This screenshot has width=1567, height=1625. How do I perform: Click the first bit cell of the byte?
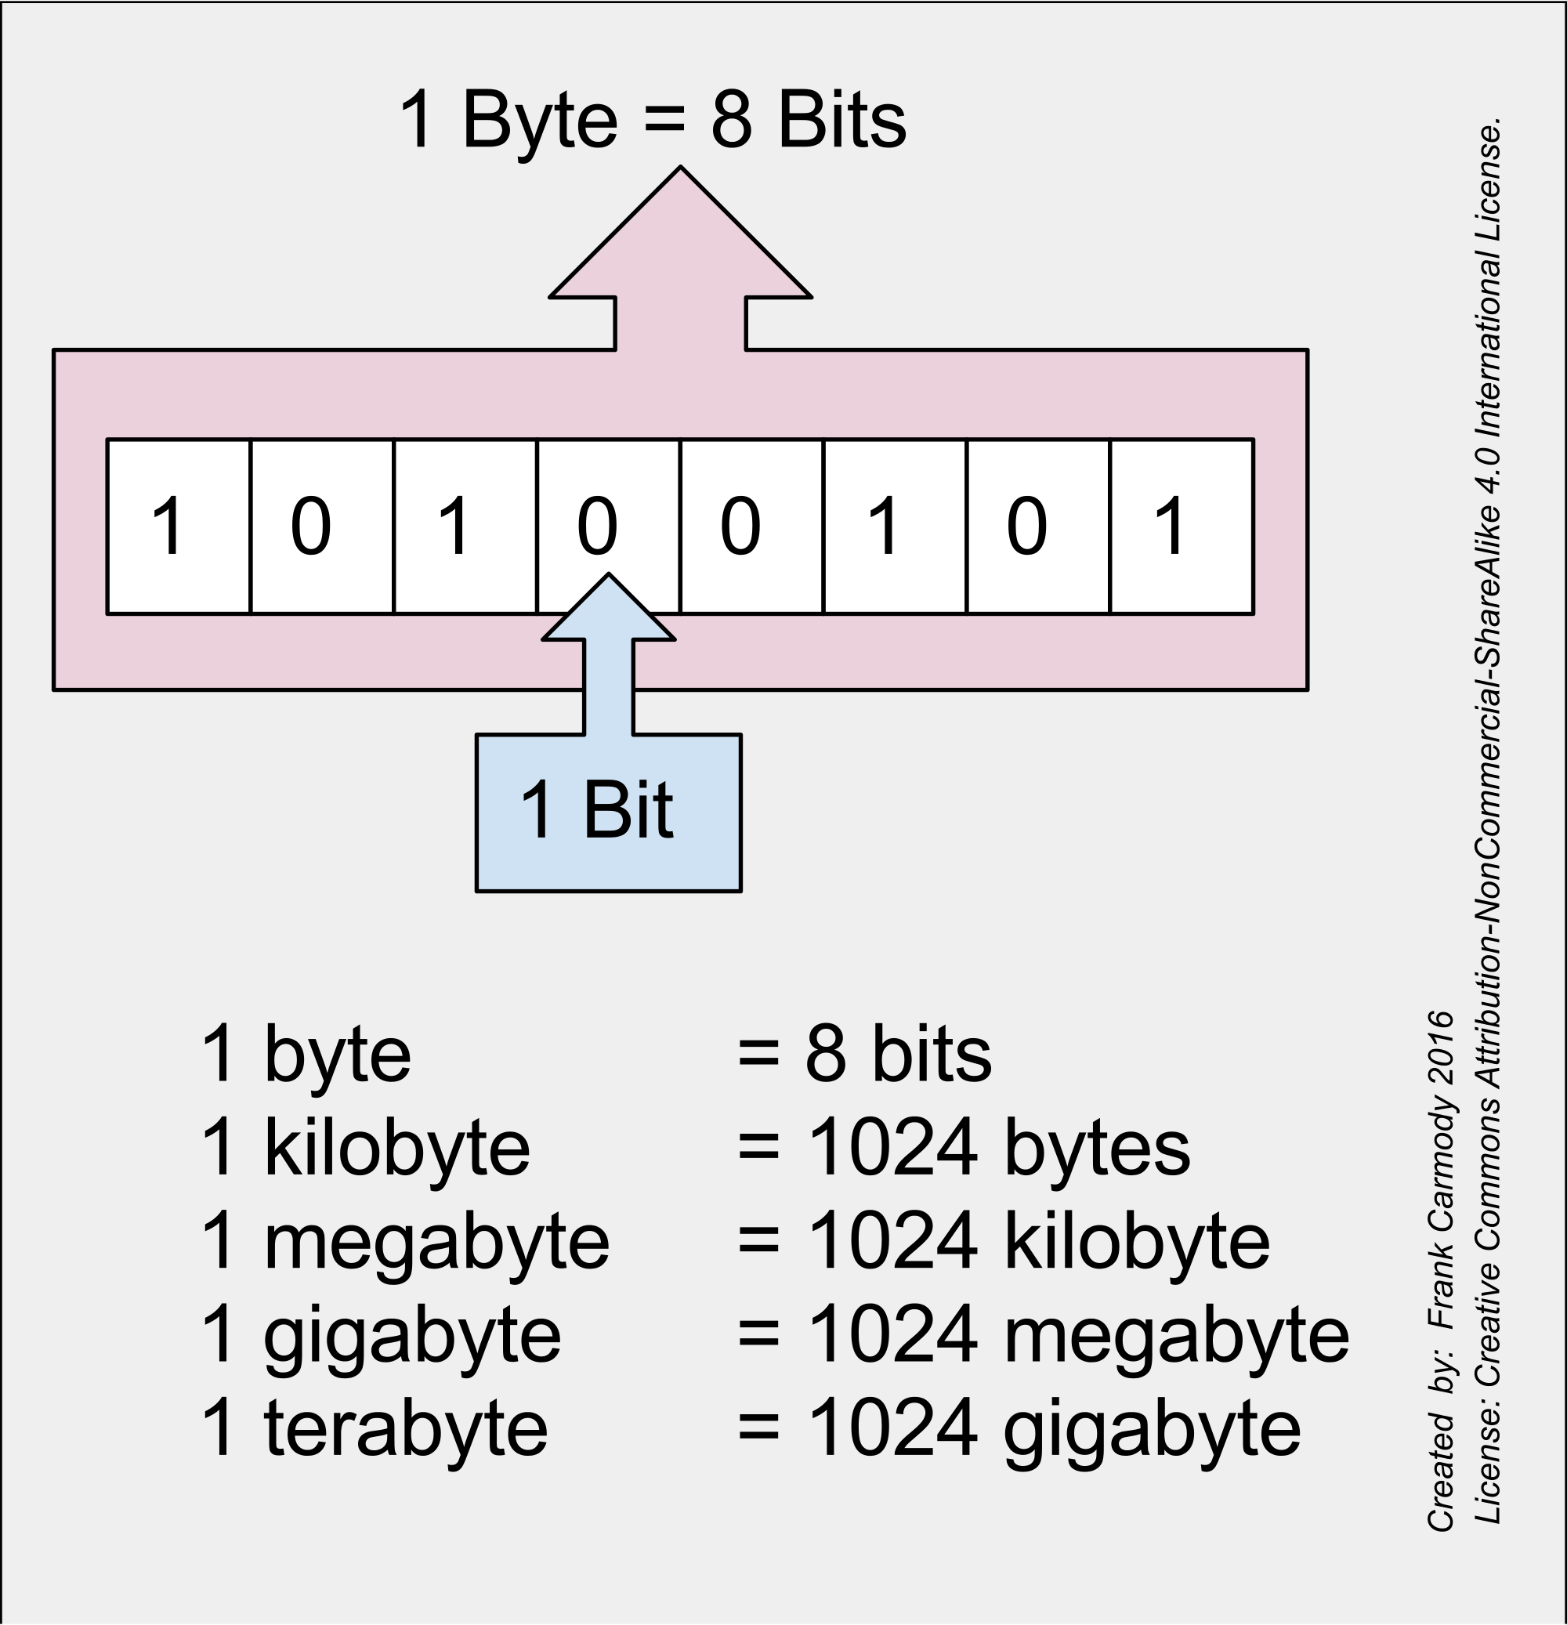point(179,527)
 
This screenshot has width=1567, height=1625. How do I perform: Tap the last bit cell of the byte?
point(1182,527)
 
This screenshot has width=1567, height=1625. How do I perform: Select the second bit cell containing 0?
point(322,527)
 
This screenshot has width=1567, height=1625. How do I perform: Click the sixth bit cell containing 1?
point(895,527)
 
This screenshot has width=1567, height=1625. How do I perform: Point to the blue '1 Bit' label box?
point(608,812)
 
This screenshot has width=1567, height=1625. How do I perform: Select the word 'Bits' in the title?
point(841,121)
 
